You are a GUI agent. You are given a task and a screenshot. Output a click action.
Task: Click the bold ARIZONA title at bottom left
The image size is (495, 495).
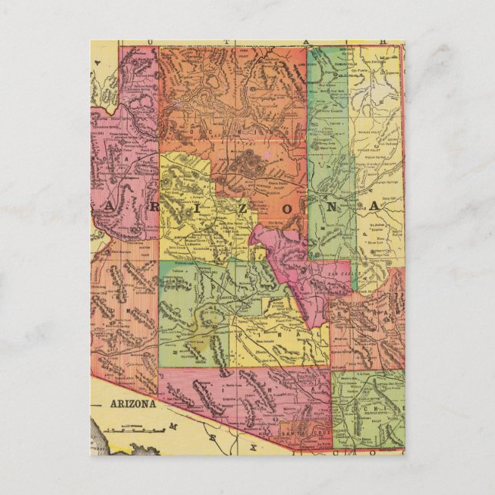coord(131,404)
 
